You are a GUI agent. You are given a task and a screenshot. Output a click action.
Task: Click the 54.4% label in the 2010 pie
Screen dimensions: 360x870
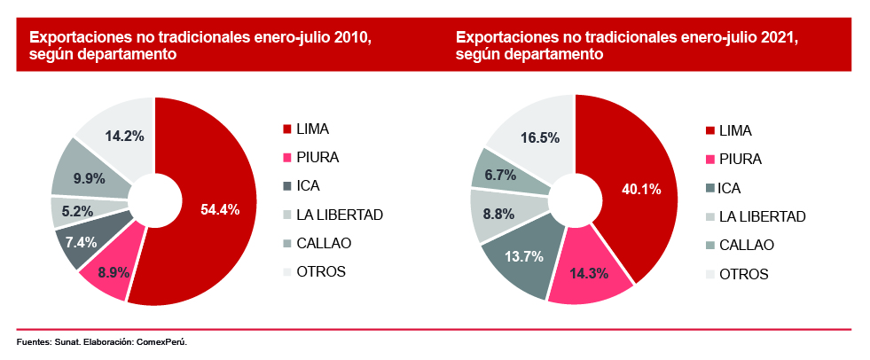tap(220, 210)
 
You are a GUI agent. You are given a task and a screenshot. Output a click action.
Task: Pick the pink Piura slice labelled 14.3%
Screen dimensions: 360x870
tap(589, 271)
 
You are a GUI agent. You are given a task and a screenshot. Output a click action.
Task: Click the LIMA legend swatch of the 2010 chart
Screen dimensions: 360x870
tap(286, 129)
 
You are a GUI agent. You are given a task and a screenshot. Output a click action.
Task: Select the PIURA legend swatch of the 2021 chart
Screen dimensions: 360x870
tap(709, 160)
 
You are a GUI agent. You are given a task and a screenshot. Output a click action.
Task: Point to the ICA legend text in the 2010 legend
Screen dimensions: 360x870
tap(309, 186)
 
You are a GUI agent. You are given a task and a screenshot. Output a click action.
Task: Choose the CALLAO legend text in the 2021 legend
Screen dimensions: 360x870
tap(746, 245)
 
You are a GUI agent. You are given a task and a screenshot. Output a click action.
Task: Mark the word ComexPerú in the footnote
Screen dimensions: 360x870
tap(161, 341)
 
